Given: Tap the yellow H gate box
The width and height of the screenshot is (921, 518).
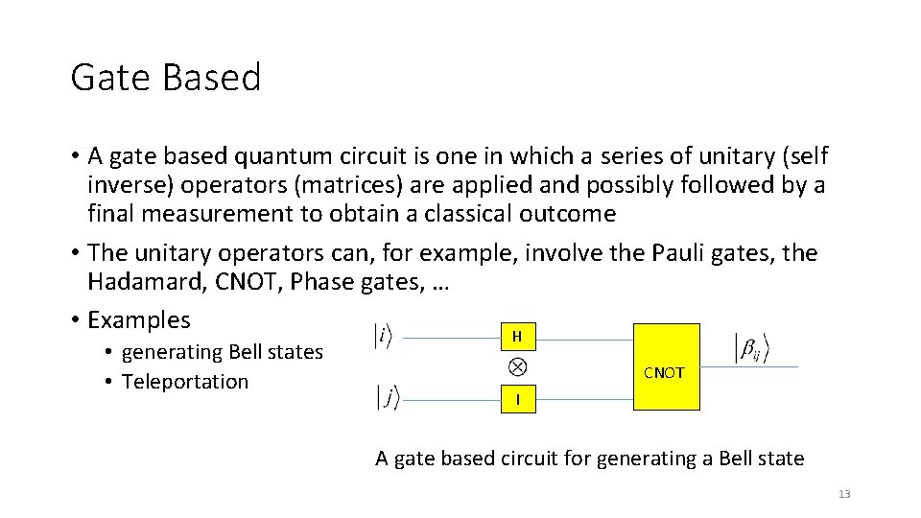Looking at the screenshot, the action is coord(517,337).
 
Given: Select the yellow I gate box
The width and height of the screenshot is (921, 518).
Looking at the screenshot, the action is coord(517,398).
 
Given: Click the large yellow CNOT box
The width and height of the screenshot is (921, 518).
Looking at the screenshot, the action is coord(665,367).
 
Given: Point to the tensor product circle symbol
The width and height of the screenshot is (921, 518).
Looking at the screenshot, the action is coord(517,366).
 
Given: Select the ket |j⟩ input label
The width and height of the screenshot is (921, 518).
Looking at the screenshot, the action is coord(388,397).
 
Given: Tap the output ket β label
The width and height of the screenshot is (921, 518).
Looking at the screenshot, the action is coord(751,348).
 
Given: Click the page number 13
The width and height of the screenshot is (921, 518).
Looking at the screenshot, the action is coord(844,494).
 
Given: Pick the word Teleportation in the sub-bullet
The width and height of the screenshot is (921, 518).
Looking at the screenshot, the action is coord(185,381).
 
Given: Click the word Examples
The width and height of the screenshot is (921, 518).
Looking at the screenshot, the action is coord(139,319).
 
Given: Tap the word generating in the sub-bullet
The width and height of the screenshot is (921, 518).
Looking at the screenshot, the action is coord(171,352).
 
